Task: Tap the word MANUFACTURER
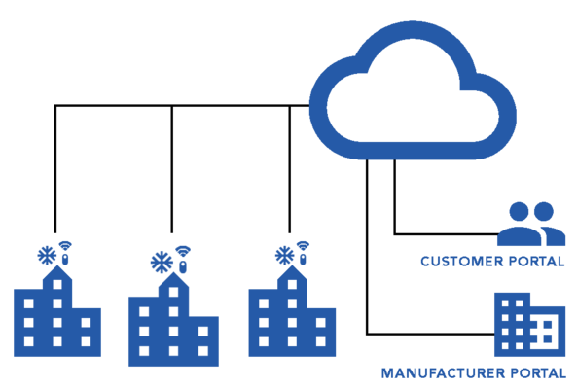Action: [443, 373]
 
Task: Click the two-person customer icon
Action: [531, 225]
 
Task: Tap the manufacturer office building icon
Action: [529, 325]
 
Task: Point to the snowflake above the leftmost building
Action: [47, 256]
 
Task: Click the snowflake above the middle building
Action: [162, 263]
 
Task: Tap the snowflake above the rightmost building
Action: [284, 256]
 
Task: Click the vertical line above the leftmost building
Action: [55, 169]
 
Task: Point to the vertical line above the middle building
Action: [172, 169]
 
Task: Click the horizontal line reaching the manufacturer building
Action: [430, 334]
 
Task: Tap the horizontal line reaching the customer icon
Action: [446, 233]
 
